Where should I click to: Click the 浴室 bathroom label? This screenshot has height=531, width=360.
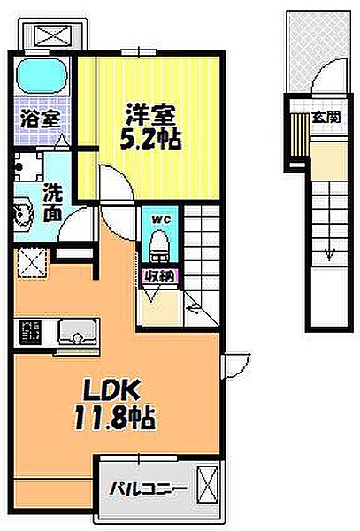point(41,119)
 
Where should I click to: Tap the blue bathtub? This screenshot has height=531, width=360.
point(42,75)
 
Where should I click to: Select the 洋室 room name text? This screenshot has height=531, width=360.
point(150,114)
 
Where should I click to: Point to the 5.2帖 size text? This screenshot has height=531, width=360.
point(150,139)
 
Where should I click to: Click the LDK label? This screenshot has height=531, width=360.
point(111,389)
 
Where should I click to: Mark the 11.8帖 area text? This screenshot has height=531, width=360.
point(114,418)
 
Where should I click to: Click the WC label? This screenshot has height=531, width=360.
point(160,219)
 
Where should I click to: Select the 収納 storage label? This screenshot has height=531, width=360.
point(159,277)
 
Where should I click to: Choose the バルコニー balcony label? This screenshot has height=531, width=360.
point(149,489)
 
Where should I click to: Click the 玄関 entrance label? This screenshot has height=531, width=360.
point(326,117)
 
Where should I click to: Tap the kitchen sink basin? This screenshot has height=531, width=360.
point(78,332)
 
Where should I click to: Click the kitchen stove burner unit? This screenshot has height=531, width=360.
point(30,333)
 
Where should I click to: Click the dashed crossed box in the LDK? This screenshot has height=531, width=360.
point(32,263)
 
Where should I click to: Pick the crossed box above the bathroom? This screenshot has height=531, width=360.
point(53,35)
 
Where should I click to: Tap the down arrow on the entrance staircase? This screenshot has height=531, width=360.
point(329,254)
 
